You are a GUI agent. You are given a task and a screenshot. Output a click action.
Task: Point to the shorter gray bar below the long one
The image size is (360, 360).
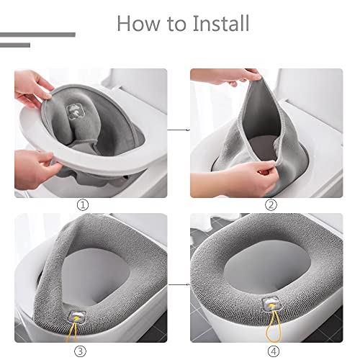tap(15, 45)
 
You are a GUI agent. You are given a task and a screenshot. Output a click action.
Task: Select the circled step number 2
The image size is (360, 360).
tap(271, 205)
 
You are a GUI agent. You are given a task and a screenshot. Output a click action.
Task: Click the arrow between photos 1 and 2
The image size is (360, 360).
tap(178, 130)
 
